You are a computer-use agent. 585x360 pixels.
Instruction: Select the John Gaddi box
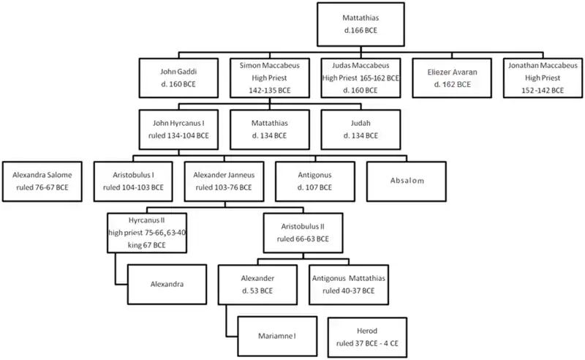tap(175, 79)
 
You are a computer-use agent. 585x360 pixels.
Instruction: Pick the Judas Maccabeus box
tap(361, 79)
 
